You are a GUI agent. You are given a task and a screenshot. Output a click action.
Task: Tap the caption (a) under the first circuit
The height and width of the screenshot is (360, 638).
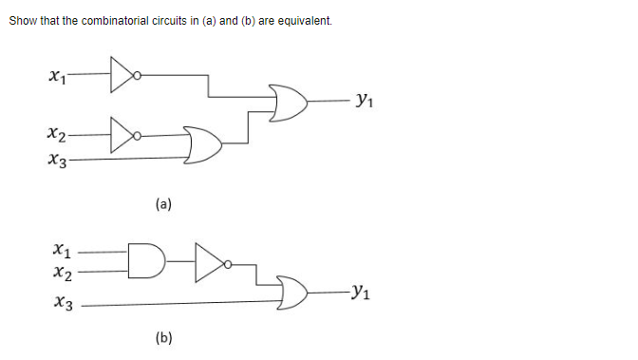[x=162, y=202]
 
